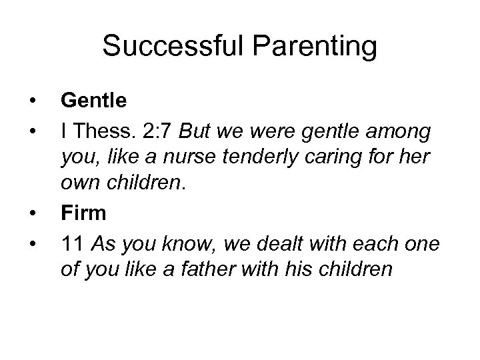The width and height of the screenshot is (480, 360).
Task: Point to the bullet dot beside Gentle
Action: coord(32,101)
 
